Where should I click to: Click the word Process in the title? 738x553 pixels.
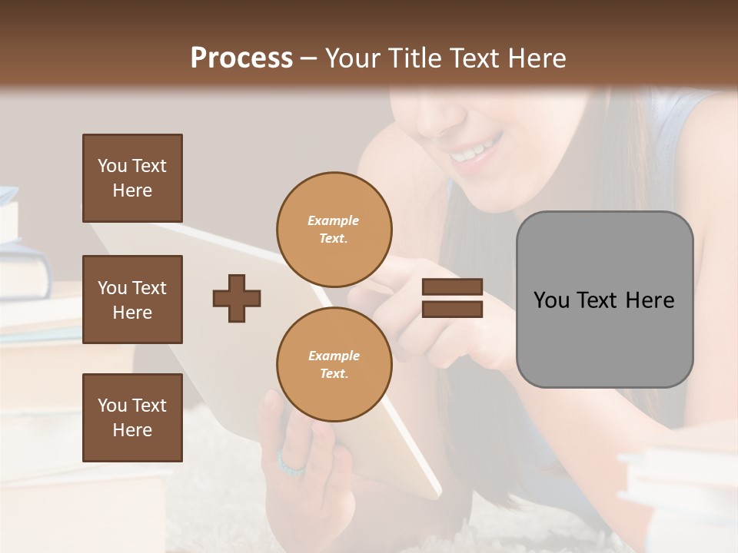[x=241, y=58]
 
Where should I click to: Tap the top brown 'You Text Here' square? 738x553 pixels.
[x=132, y=178]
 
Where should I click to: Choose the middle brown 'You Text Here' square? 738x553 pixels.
[x=132, y=300]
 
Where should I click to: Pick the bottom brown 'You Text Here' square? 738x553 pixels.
[x=132, y=417]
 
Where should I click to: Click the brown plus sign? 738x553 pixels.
[x=237, y=298]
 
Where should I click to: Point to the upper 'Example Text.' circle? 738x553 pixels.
[x=334, y=229]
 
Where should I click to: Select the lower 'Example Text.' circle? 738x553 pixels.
[x=334, y=364]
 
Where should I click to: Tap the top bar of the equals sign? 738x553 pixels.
[x=452, y=287]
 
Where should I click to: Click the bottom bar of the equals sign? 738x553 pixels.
[x=452, y=309]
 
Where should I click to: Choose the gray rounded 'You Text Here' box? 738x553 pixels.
[x=604, y=300]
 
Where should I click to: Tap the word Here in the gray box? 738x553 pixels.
[x=650, y=300]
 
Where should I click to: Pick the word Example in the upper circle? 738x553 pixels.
[x=334, y=220]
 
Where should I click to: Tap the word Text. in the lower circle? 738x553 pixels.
[x=334, y=373]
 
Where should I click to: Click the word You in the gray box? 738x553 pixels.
[x=552, y=300]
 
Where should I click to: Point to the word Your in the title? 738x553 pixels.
[x=354, y=58]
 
